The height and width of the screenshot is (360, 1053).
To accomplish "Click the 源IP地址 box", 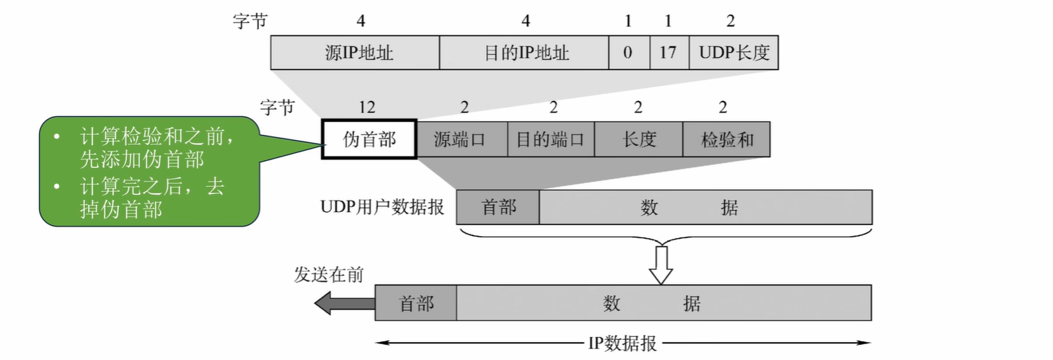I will (354, 53).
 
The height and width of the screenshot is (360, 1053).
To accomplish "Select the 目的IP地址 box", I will (524, 53).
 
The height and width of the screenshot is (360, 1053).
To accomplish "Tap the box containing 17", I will (668, 53).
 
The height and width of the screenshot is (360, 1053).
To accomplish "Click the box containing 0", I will (628, 53).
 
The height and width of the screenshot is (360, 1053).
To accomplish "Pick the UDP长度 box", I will (733, 53).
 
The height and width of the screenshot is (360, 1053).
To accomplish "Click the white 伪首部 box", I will (369, 139).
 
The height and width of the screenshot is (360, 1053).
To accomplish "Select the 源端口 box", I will (462, 139).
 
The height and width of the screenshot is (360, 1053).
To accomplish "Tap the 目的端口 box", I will (550, 139).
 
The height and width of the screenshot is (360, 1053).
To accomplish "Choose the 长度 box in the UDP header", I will (638, 139).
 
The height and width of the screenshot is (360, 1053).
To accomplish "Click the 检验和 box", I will (726, 139).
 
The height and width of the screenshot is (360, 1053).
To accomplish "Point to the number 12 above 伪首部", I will (367, 107).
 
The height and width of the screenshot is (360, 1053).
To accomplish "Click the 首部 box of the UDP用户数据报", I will (498, 207).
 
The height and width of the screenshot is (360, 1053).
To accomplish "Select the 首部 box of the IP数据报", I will (416, 303).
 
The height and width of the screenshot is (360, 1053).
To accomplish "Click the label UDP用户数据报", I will (382, 207).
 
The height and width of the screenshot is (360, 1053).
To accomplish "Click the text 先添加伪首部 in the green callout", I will (141, 160).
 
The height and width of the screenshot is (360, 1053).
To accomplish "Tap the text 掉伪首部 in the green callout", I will (120, 210).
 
